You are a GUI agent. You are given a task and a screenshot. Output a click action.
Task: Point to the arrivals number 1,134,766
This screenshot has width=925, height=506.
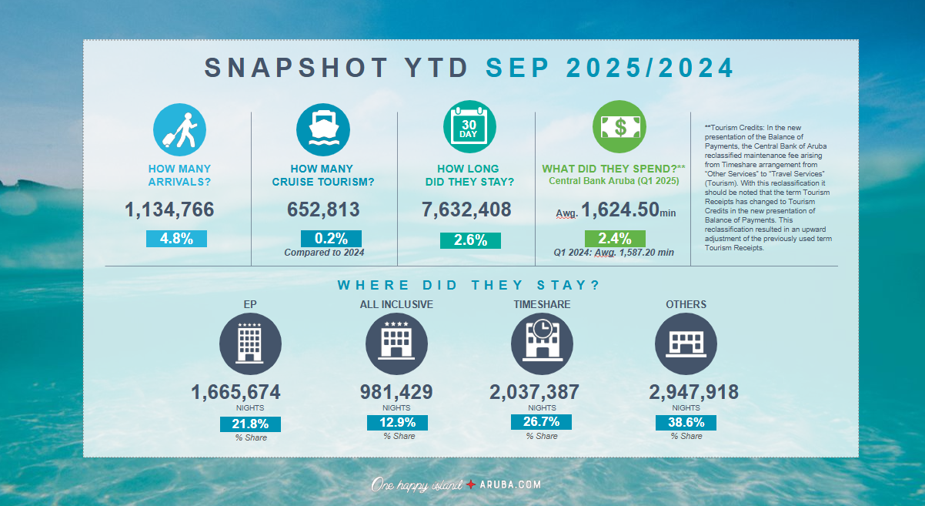[x=169, y=209]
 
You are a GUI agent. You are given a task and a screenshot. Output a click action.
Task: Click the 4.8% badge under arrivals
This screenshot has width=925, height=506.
[x=176, y=239]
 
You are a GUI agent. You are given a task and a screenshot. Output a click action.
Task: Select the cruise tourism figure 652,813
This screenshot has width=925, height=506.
[x=323, y=209]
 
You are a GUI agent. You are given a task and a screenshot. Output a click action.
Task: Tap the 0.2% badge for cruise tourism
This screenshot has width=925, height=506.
[x=331, y=239]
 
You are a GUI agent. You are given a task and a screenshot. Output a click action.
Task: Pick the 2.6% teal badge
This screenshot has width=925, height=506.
[x=470, y=240]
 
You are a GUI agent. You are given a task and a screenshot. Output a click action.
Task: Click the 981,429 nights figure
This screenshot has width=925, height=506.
[x=396, y=392]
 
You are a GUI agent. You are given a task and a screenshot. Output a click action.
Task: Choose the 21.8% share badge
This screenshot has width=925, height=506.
[x=250, y=424]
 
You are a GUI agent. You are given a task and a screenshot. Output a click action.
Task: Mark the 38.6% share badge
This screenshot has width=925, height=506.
[x=686, y=423]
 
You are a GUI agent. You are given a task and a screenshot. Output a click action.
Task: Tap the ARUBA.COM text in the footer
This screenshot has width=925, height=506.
[x=511, y=484]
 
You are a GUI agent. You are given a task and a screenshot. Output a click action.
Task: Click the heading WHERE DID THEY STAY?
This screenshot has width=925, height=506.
[x=468, y=285]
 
